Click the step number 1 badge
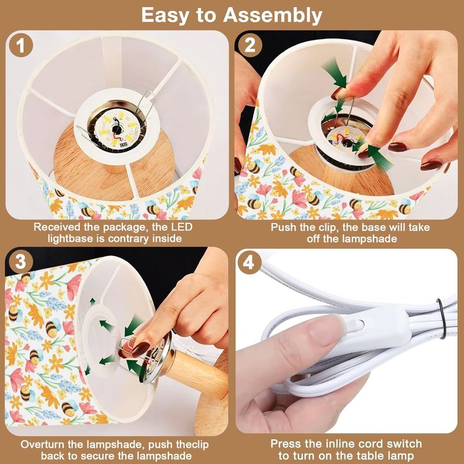pyautogui.click(x=21, y=45)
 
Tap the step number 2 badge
pyautogui.click(x=250, y=45)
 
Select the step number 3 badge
pyautogui.click(x=21, y=262)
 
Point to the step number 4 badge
pyautogui.click(x=249, y=262)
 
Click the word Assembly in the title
pyautogui.click(x=273, y=16)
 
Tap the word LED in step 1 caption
pyautogui.click(x=182, y=227)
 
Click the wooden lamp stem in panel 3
pyautogui.click(x=196, y=375)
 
